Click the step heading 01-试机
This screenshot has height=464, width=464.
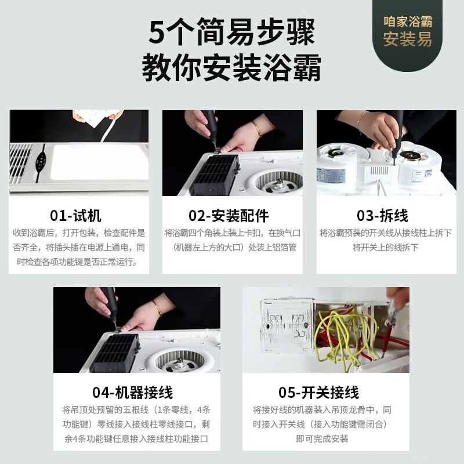tap(75, 216)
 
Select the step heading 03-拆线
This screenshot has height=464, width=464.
tap(382, 216)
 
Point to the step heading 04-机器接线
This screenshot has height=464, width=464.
tap(132, 392)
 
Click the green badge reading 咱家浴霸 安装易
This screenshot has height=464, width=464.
tap(408, 32)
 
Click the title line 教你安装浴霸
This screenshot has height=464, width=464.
tap(231, 68)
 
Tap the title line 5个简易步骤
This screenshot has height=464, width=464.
tap(231, 32)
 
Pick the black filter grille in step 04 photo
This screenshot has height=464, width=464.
tap(115, 352)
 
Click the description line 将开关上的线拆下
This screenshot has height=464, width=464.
tap(385, 247)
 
